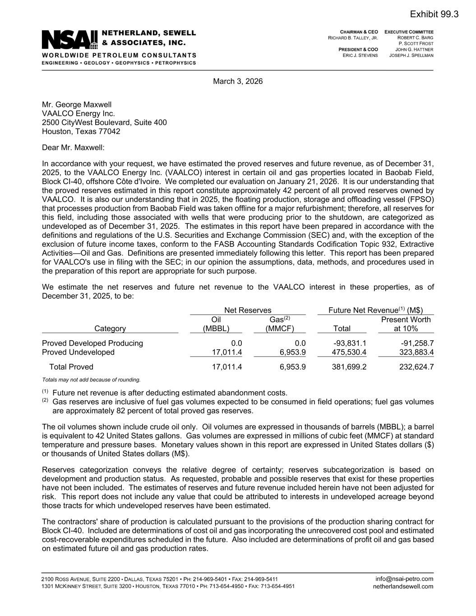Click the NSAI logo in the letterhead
[70, 40]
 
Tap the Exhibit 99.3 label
[434, 14]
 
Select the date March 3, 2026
[238, 82]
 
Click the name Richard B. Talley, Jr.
[353, 38]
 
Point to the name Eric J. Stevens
[360, 55]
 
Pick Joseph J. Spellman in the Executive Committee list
[411, 55]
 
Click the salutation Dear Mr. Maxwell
[73, 148]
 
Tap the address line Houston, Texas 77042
[81, 132]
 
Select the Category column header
[110, 329]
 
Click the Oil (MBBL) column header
[216, 324]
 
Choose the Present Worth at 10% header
[406, 324]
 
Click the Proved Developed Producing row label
[92, 343]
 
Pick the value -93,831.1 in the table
[349, 343]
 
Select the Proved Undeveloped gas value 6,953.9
[292, 352]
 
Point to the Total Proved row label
[71, 367]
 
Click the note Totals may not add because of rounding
[91, 380]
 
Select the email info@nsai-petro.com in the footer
[404, 579]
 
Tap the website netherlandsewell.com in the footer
[403, 587]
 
